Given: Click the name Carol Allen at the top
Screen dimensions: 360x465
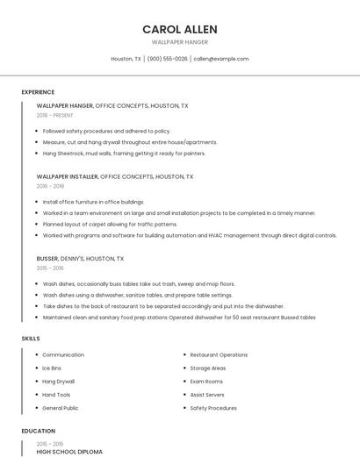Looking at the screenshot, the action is (179, 29).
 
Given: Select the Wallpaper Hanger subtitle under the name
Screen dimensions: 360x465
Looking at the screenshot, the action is (179, 42).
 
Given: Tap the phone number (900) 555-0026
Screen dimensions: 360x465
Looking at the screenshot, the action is (167, 59).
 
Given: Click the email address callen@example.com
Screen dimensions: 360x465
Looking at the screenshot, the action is (220, 59).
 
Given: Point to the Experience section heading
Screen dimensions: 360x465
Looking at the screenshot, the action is (38, 92).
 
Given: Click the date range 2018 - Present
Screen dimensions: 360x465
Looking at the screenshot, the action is (54, 115).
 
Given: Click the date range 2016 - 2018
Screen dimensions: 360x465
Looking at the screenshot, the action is (50, 186).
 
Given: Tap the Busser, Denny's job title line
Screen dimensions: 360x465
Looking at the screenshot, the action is (80, 259).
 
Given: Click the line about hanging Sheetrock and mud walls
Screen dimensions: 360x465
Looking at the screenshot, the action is (124, 153).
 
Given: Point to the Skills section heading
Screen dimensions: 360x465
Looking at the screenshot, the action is (31, 338).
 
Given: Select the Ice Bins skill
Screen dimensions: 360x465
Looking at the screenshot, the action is (52, 368).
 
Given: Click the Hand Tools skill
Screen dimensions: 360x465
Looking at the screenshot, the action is (56, 395).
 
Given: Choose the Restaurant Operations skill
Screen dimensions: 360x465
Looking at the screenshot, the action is (219, 354).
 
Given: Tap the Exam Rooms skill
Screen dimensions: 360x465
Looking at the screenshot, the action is (206, 382).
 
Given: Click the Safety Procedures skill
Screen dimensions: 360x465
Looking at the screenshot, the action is (213, 408).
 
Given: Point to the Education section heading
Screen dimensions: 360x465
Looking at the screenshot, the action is (38, 431).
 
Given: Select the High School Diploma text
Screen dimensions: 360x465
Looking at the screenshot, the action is (69, 452).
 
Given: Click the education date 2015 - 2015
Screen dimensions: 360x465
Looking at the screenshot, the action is (50, 444).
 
